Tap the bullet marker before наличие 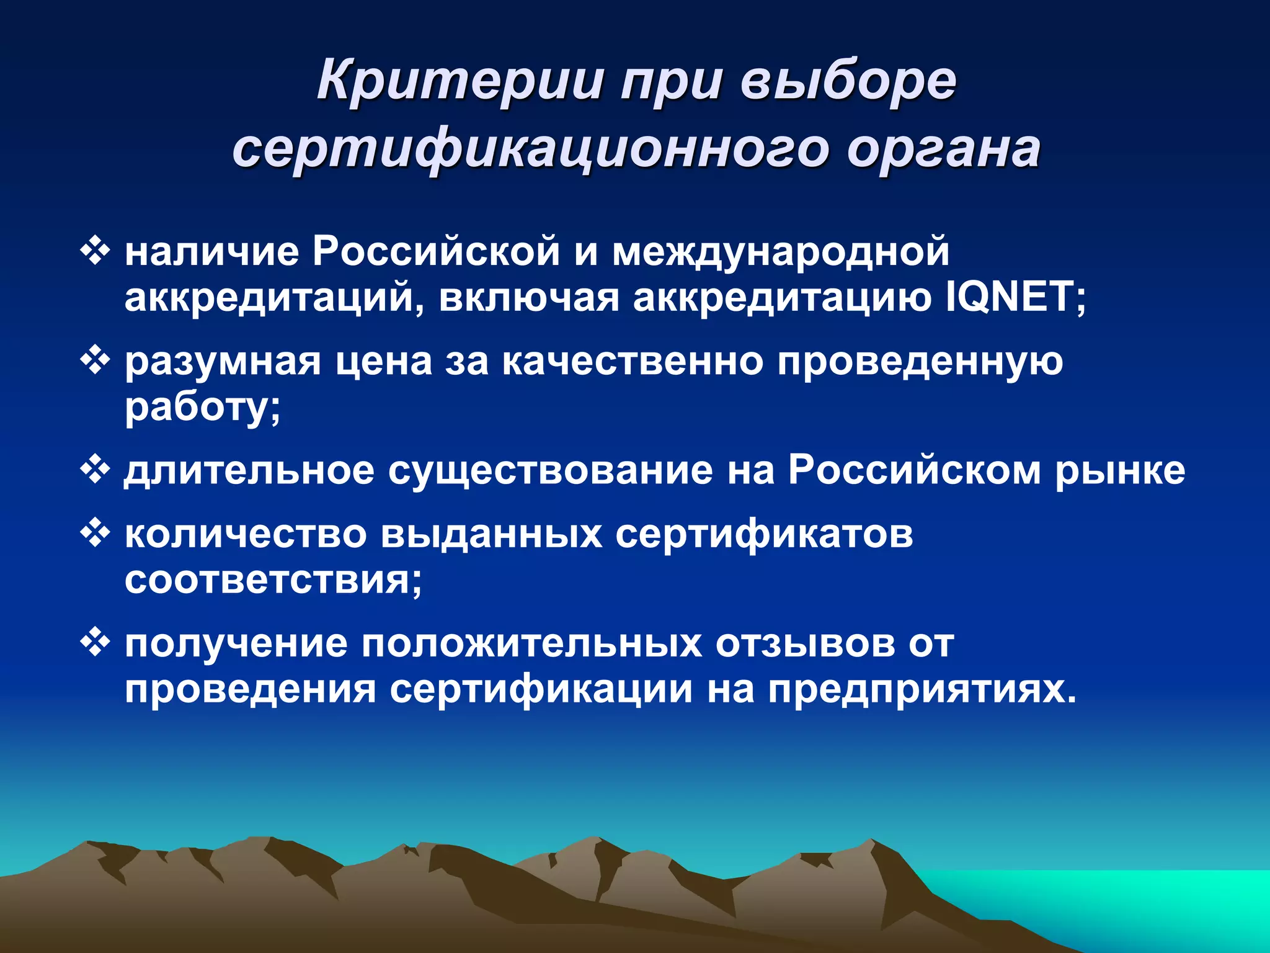[x=95, y=252]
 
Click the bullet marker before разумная [x=95, y=360]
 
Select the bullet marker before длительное [x=95, y=470]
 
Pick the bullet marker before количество [x=95, y=534]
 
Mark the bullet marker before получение [x=95, y=642]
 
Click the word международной [x=781, y=252]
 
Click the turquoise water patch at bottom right [x=1147, y=900]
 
